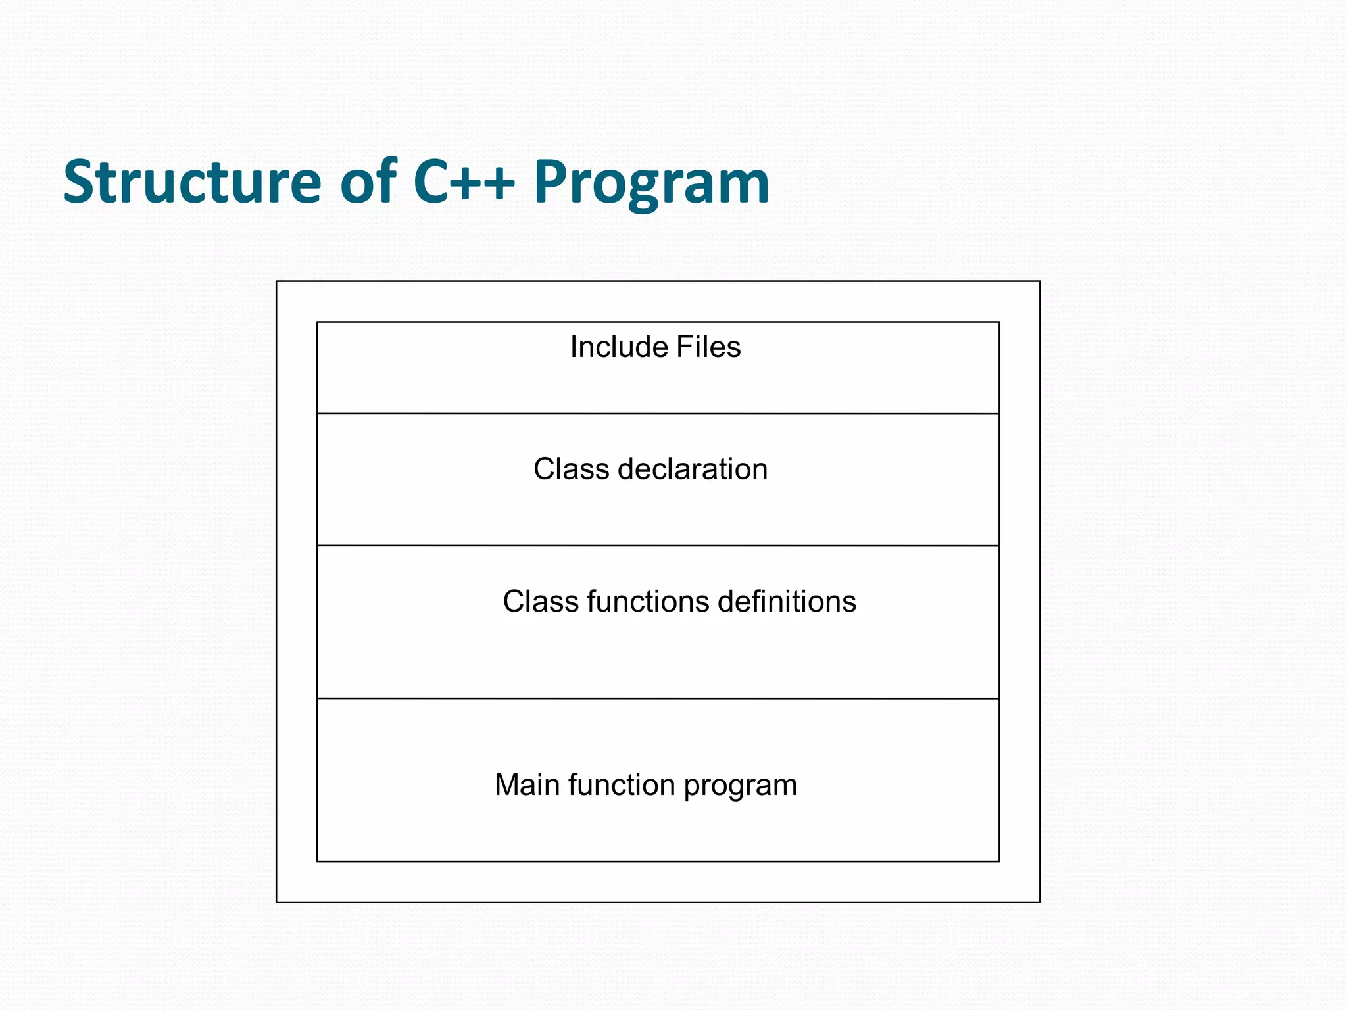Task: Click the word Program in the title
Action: [651, 184]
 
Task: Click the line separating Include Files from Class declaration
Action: [658, 414]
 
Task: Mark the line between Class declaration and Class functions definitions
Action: [658, 546]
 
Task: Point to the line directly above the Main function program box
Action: [658, 698]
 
